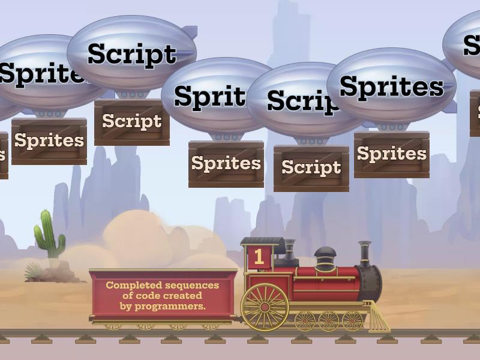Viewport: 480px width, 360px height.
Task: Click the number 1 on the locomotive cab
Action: tap(259, 257)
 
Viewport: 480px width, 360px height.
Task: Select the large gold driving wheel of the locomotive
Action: tap(265, 307)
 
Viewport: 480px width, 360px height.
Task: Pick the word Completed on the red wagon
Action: tap(129, 285)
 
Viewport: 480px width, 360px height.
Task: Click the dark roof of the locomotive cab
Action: tap(263, 242)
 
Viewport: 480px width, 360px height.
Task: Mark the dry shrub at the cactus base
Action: tap(35, 272)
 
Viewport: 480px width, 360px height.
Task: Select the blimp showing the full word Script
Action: tap(132, 54)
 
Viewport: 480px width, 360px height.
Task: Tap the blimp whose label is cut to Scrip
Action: tap(300, 101)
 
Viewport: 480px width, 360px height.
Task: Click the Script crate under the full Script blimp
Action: tap(132, 122)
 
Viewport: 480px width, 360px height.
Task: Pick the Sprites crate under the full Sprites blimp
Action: tap(391, 154)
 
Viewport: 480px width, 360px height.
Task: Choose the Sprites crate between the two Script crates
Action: tap(226, 164)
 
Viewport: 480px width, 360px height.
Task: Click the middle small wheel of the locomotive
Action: tap(329, 321)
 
